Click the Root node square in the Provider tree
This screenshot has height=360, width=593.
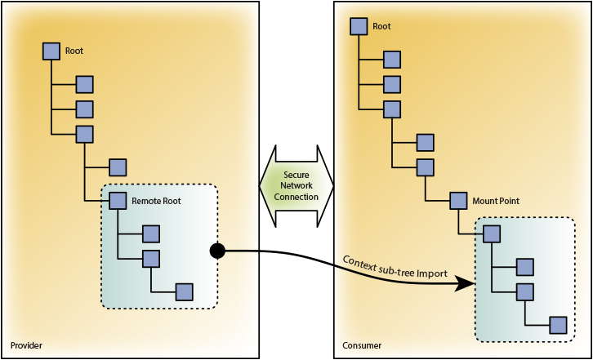[x=51, y=51]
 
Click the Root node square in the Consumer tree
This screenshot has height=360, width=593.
[x=359, y=26]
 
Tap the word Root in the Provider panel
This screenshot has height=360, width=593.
[x=74, y=51]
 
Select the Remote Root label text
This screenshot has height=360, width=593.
[x=157, y=200]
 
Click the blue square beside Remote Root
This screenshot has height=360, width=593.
[x=118, y=200]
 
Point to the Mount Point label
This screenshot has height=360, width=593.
[x=496, y=200]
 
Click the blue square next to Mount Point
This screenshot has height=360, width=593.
[x=457, y=200]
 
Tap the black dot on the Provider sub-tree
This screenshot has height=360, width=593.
[x=217, y=251]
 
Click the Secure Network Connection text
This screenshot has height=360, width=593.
[x=296, y=186]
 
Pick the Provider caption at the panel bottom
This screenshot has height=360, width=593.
[x=25, y=346]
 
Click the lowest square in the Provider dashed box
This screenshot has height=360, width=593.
[x=185, y=291]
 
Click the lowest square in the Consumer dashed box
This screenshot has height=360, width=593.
[x=558, y=324]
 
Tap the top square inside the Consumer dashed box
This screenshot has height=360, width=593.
[x=491, y=233]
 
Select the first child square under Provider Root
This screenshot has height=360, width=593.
[x=84, y=83]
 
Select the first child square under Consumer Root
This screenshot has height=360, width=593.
[x=392, y=59]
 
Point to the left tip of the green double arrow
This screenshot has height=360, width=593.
[x=261, y=186]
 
